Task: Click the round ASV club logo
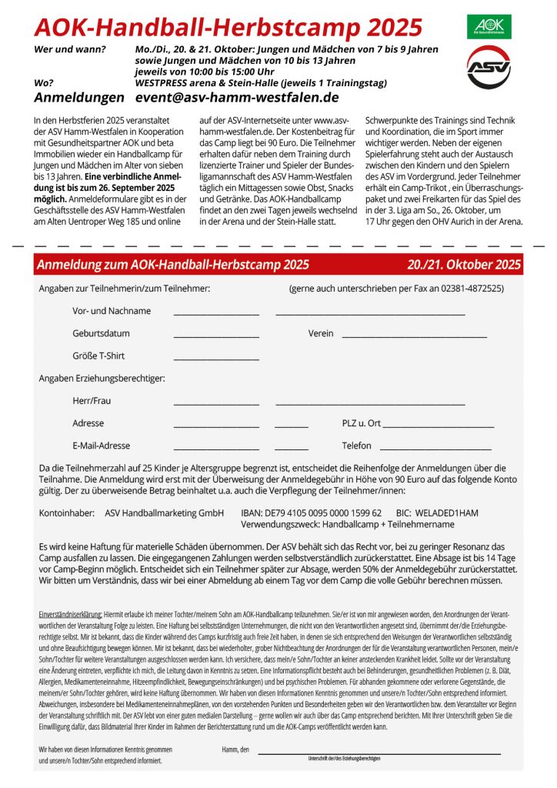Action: click(x=489, y=67)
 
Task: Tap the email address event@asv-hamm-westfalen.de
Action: click(x=237, y=98)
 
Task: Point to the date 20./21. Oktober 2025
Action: click(x=464, y=265)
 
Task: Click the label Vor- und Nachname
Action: click(x=112, y=311)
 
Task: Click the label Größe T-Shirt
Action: click(x=98, y=356)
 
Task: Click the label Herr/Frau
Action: click(x=92, y=401)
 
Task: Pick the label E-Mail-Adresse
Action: click(x=102, y=446)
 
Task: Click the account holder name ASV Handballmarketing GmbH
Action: click(x=164, y=513)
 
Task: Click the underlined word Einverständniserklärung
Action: click(x=71, y=614)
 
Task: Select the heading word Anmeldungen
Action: click(x=78, y=98)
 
